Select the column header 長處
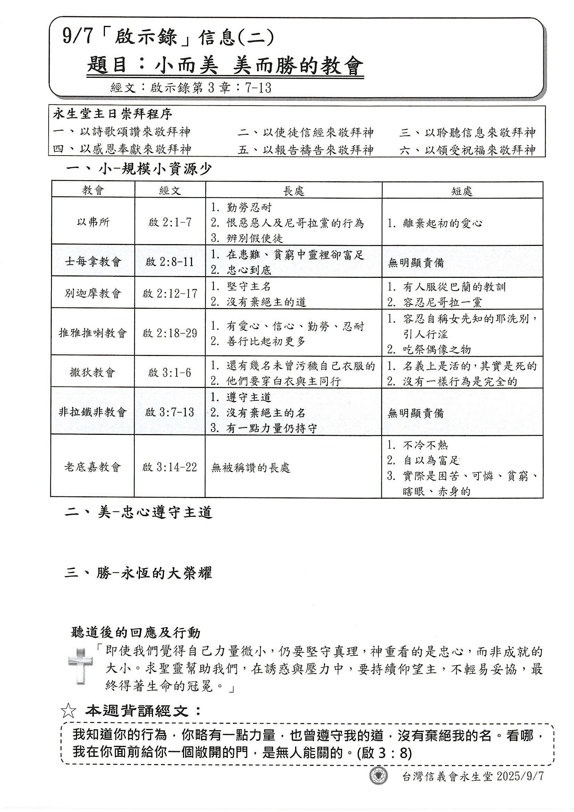[293, 191]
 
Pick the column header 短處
[462, 191]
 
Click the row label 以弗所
[93, 222]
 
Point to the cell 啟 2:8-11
[170, 262]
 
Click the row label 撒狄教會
[93, 372]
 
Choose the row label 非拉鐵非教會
[93, 412]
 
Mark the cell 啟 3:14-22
[170, 467]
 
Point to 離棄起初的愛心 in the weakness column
[442, 223]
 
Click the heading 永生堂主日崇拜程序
[113, 114]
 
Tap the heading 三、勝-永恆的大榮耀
[139, 573]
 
